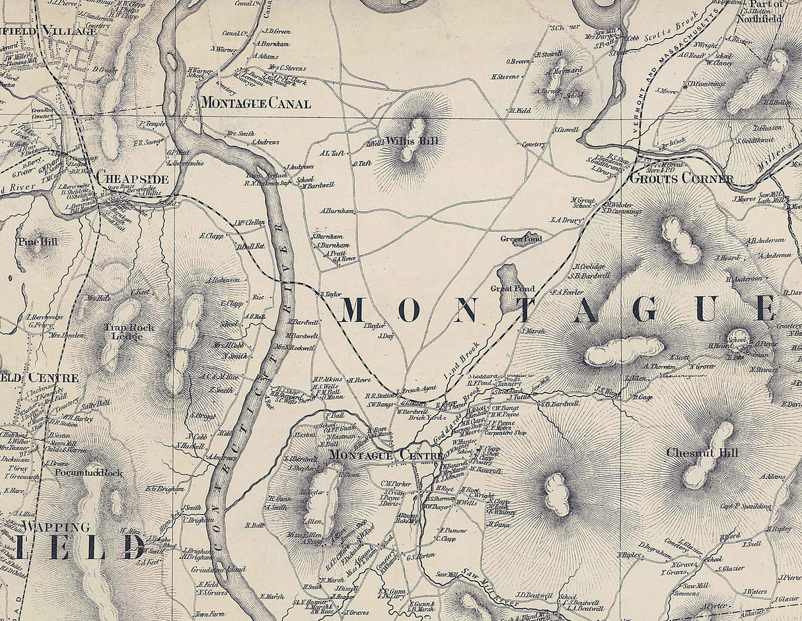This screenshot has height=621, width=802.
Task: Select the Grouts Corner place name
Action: click(681, 179)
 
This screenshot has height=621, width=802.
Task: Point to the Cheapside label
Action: click(132, 178)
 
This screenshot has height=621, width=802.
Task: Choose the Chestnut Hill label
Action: click(702, 453)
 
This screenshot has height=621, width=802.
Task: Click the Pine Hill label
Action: click(38, 242)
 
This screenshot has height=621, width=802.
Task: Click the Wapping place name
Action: click(55, 527)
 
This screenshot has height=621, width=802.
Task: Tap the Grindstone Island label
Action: click(218, 569)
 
